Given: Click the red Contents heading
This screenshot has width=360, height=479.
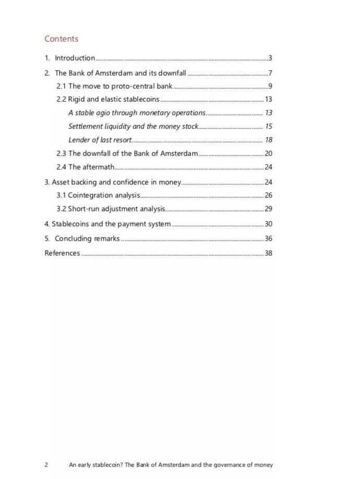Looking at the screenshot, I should point(61,39).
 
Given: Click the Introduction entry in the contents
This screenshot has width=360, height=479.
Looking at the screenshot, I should point(75,58).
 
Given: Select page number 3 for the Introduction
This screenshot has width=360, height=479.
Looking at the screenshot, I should point(270,58).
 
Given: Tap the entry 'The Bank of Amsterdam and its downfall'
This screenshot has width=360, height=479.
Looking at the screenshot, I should point(121,73).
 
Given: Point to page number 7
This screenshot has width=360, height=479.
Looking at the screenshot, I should point(270,73).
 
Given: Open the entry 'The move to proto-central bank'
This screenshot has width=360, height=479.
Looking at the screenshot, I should point(120,86).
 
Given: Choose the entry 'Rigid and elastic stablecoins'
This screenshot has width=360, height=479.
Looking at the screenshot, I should point(113,99).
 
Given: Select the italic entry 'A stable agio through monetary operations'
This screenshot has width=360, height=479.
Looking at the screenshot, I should point(137,113).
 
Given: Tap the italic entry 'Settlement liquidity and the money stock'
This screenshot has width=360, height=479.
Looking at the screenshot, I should point(134,126).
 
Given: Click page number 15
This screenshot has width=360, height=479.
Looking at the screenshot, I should point(269,126).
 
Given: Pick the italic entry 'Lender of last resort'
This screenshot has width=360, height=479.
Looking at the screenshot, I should point(100,140).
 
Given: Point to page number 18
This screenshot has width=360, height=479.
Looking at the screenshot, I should point(269,140).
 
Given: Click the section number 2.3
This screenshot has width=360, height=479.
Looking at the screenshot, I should point(61,153).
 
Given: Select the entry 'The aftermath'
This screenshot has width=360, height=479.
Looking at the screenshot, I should point(91,167).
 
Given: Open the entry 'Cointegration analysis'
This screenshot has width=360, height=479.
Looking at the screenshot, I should point(103,195).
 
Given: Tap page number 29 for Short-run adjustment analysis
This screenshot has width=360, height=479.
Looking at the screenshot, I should point(269,209).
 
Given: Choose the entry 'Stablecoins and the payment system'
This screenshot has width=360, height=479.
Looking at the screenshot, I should point(111,224).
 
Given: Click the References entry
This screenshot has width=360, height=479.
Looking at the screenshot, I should point(62,253).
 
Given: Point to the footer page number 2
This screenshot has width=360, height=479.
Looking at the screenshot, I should point(46,464).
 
